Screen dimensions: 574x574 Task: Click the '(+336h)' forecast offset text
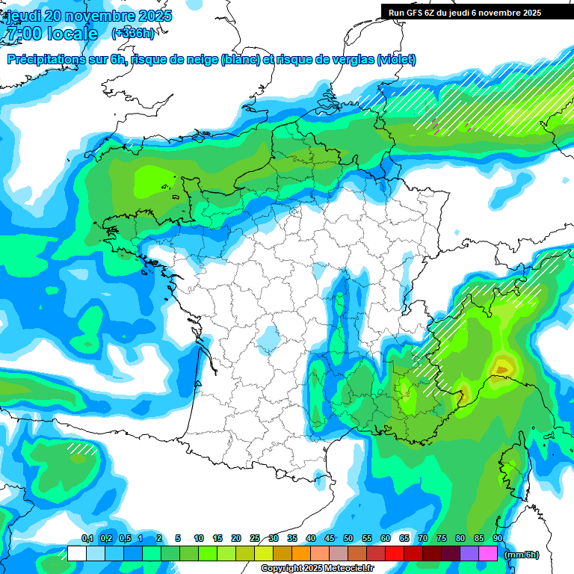[133, 34]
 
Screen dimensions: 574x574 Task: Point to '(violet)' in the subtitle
[396, 60]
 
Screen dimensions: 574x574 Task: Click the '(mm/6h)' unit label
[522, 555]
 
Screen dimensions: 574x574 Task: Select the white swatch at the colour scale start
[76, 554]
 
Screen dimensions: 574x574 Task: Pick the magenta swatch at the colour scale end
[488, 554]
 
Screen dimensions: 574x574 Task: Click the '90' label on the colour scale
[498, 539]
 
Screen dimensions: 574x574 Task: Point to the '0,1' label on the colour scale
[87, 539]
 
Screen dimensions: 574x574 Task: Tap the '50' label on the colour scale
[348, 539]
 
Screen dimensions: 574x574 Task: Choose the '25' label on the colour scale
[255, 539]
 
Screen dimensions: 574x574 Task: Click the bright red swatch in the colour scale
[395, 554]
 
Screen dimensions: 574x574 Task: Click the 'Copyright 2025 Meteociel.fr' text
[317, 569]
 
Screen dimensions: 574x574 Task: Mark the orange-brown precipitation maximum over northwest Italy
[502, 367]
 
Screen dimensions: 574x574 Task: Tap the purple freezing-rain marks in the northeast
[436, 123]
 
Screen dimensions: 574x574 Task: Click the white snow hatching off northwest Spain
[81, 448]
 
